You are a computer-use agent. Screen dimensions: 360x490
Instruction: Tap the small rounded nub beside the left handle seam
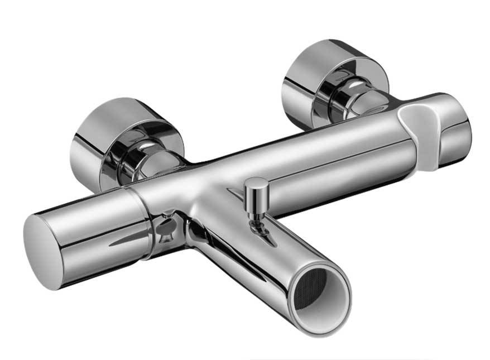166,229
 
